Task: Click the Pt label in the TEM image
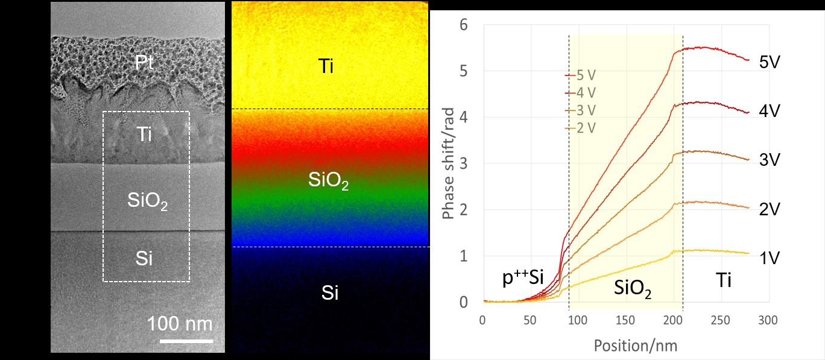pos(144,65)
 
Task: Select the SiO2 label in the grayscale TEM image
pos(147,201)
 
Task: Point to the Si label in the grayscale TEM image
pos(144,259)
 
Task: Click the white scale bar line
pos(186,341)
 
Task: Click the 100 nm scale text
pos(180,324)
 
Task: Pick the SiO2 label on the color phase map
pos(329,180)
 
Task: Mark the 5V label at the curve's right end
pos(771,62)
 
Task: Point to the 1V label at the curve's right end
pos(771,258)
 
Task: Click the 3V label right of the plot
pos(771,160)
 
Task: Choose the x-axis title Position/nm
pos(627,346)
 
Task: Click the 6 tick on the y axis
pos(463,25)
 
